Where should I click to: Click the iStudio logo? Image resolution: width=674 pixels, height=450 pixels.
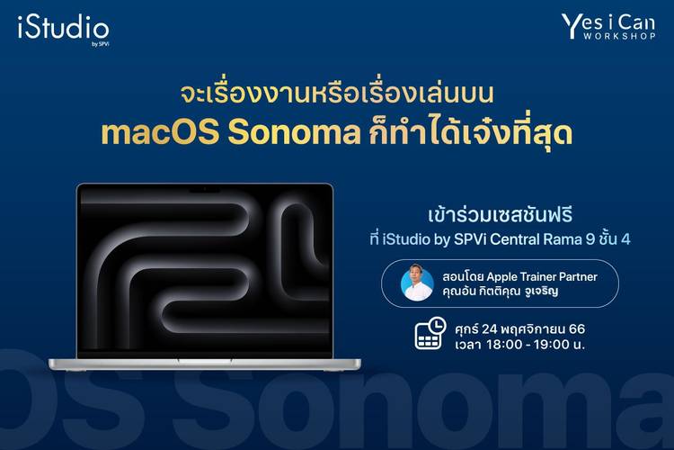(x=63, y=30)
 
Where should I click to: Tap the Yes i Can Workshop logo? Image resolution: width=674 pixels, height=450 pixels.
(x=608, y=27)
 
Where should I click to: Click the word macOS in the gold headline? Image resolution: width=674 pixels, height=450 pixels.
(x=160, y=133)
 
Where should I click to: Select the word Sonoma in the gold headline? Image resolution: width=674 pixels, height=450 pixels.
(x=294, y=133)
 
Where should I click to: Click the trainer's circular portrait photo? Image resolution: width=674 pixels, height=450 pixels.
(x=417, y=283)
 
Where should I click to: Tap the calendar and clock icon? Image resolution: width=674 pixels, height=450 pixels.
(x=430, y=333)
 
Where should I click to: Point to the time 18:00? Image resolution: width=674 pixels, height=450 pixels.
(x=505, y=345)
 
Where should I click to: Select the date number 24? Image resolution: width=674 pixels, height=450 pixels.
(x=489, y=329)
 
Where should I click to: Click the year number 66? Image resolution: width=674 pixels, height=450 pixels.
(x=577, y=329)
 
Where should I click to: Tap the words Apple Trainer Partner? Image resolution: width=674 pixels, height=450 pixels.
(x=542, y=276)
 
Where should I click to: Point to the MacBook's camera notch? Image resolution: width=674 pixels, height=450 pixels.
(x=205, y=189)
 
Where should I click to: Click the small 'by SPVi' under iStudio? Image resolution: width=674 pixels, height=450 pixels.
(x=100, y=43)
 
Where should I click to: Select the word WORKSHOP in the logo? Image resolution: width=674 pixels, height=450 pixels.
(x=619, y=36)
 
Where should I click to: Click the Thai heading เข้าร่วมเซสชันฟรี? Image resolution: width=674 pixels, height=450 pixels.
(x=500, y=215)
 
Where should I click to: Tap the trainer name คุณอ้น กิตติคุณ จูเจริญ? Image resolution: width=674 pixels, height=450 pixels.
(x=501, y=291)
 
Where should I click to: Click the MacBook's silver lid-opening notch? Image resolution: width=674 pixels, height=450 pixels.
(x=205, y=360)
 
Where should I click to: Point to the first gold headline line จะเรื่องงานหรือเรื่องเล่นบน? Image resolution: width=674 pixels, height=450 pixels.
(x=337, y=94)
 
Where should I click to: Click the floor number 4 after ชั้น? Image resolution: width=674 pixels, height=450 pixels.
(x=625, y=239)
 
